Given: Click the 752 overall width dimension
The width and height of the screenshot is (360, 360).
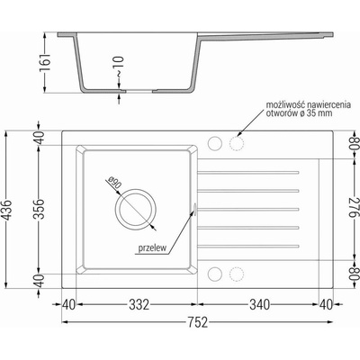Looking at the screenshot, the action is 198,322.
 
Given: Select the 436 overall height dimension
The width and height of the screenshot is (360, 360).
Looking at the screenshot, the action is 7,210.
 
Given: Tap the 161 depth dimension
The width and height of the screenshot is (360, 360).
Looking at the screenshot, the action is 44,63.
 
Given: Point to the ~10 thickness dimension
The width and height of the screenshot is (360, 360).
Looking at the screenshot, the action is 119,67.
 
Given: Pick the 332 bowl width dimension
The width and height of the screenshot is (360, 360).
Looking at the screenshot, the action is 139,305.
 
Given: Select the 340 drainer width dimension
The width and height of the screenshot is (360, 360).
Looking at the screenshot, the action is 260,305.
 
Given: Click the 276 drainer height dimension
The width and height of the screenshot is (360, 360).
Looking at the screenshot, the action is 355,208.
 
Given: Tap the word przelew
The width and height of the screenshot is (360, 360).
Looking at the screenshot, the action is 152,248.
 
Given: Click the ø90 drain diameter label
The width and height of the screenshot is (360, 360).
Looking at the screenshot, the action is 114,183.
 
